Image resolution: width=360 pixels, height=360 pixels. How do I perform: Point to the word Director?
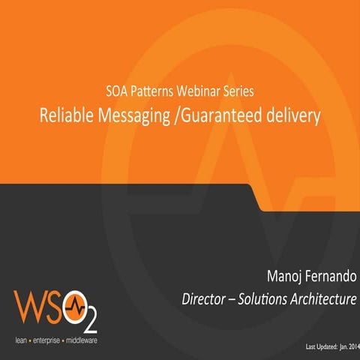pos(205,299)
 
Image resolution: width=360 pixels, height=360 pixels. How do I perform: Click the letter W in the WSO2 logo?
pos(30,307)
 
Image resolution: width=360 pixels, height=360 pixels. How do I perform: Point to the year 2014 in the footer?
pos(350,348)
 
